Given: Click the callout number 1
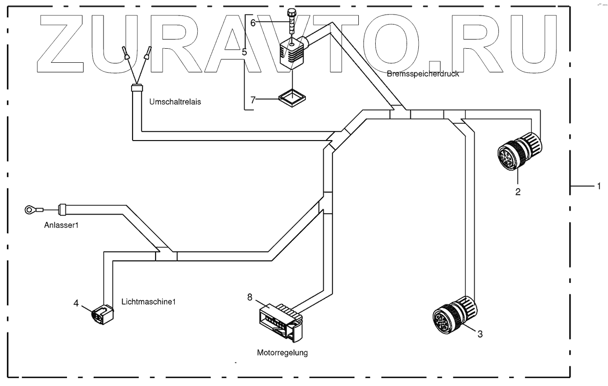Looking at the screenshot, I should tap(598, 186).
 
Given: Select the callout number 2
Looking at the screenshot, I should tap(518, 192).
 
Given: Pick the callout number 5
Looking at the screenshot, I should tap(244, 52).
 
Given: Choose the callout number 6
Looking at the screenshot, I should tap(253, 22).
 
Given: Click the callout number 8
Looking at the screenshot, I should tap(249, 297).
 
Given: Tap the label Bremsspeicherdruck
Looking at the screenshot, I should tap(422, 74).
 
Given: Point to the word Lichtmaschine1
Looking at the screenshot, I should tap(148, 302).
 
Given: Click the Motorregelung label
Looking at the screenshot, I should tap(282, 353).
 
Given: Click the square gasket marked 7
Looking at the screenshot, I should tap(291, 97).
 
